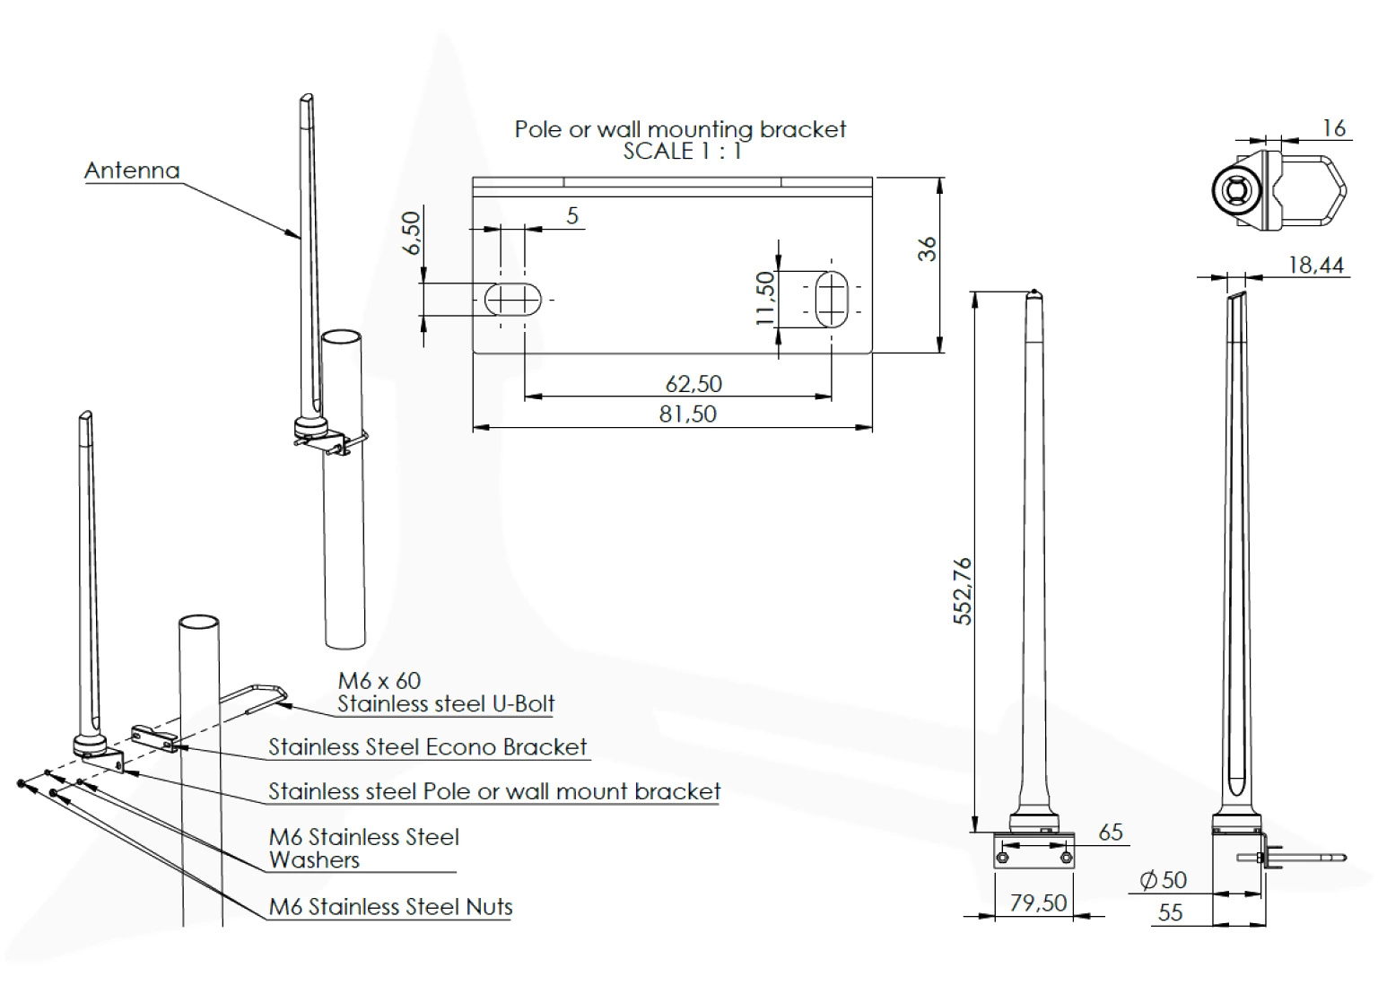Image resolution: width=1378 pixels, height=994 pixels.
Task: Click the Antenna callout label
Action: click(132, 170)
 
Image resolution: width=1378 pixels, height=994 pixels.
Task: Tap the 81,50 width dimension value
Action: click(688, 414)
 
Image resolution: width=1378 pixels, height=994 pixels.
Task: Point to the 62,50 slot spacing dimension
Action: click(693, 384)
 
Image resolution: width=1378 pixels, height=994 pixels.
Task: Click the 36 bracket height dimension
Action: click(927, 248)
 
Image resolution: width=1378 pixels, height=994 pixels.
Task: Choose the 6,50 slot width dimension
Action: click(411, 232)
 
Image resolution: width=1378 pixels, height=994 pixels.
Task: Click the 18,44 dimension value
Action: click(1316, 265)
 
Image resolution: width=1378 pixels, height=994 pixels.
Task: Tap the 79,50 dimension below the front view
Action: click(1038, 902)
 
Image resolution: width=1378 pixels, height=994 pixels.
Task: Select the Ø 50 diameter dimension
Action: click(1164, 880)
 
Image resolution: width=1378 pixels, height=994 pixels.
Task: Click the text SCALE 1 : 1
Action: click(683, 151)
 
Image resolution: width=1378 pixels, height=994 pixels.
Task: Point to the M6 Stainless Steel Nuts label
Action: click(390, 907)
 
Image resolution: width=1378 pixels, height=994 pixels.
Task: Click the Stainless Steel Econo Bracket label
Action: click(427, 747)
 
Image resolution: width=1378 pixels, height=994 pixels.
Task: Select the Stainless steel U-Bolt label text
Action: click(446, 704)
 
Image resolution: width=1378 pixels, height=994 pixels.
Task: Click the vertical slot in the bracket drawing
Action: click(832, 298)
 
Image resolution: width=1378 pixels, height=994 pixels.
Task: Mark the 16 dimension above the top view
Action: click(1334, 128)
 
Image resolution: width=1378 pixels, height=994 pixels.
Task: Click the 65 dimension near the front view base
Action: click(1111, 833)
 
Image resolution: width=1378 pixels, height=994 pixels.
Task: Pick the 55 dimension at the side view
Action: click(1171, 913)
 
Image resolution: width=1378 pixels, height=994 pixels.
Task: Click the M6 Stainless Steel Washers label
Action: click(363, 849)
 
